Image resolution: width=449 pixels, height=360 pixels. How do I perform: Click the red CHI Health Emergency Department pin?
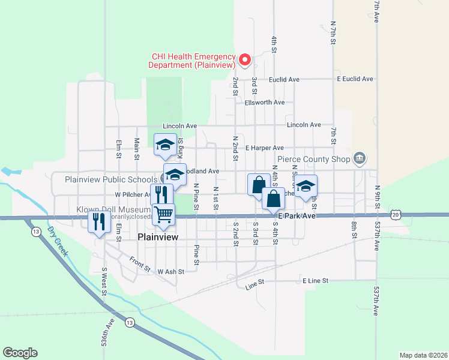pyautogui.click(x=245, y=59)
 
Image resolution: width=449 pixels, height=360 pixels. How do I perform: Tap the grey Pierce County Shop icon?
pyautogui.click(x=360, y=159)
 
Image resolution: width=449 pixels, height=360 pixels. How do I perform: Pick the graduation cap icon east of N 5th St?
pyautogui.click(x=306, y=186)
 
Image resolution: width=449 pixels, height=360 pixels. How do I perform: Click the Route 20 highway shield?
pyautogui.click(x=394, y=214)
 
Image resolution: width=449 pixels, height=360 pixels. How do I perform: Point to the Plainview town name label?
pyautogui.click(x=158, y=237)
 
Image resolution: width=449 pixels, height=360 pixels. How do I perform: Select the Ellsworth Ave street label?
pyautogui.click(x=265, y=102)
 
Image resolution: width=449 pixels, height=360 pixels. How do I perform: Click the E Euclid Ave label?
pyautogui.click(x=355, y=79)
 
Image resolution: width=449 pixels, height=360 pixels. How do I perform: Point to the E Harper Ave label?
pyautogui.click(x=265, y=148)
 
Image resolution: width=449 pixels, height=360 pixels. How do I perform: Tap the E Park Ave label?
pyautogui.click(x=296, y=215)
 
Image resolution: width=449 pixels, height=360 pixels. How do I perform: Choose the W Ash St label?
pyautogui.click(x=170, y=271)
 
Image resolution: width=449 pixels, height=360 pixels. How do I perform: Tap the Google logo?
pyautogui.click(x=20, y=352)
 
